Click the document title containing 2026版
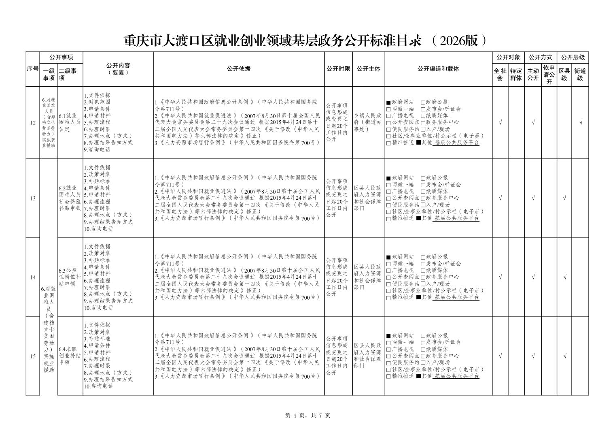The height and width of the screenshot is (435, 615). [x=305, y=41]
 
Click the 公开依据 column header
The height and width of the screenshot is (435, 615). [x=239, y=69]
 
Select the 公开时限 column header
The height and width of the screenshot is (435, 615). [x=338, y=69]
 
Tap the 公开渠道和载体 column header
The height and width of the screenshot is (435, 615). [x=438, y=69]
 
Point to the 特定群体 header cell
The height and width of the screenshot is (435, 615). [x=516, y=75]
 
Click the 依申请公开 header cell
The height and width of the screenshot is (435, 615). [x=549, y=75]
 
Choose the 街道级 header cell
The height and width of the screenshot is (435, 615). [x=580, y=75]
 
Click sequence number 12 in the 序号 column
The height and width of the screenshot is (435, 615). [x=33, y=122]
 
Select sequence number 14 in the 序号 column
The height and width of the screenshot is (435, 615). [x=33, y=277]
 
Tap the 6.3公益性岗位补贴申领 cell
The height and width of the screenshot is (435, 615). [x=70, y=277]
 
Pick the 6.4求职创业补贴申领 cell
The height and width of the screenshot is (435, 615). [x=70, y=356]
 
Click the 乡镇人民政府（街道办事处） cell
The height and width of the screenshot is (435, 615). [x=368, y=122]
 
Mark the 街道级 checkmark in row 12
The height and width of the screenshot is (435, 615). [x=581, y=122]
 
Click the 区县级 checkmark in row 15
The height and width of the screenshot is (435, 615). [x=565, y=356]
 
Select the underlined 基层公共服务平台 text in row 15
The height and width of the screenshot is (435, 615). [x=457, y=376]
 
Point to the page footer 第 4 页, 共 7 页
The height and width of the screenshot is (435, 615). [x=307, y=416]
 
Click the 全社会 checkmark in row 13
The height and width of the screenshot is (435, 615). [x=500, y=198]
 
